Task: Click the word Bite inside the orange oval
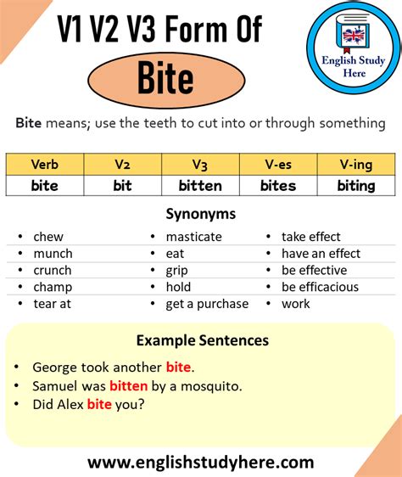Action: (166, 79)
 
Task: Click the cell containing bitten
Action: (200, 185)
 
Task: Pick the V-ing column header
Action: (356, 164)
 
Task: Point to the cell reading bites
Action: (278, 185)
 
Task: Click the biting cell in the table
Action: (356, 185)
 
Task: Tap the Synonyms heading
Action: (201, 215)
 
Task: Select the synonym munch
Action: (53, 253)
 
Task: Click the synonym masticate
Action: (193, 237)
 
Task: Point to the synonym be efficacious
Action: (320, 287)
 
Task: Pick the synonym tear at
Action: (52, 304)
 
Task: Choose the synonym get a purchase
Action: (207, 304)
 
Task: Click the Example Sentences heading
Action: (202, 340)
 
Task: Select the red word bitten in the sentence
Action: (129, 386)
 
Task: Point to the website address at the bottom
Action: (201, 463)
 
